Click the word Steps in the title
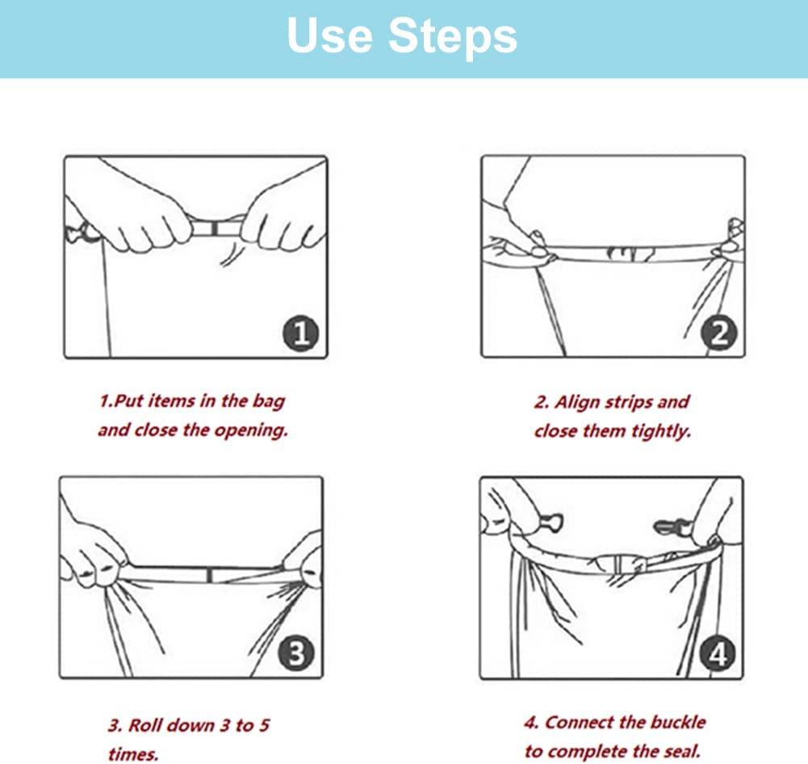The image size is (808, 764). point(453,37)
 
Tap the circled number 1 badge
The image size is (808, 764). point(301,333)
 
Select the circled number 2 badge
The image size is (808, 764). point(719,333)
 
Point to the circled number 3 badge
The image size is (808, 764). point(296,653)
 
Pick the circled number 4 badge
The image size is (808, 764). point(718,654)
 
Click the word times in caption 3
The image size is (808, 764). point(133,755)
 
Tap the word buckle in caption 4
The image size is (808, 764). point(678,722)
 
